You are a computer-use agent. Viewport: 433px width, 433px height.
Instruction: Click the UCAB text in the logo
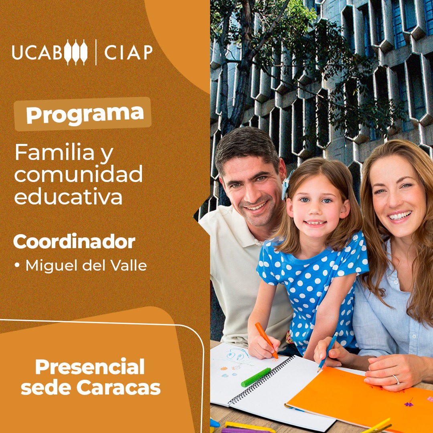pyautogui.click(x=37, y=52)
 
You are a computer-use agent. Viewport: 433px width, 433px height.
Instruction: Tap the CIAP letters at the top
pyautogui.click(x=128, y=52)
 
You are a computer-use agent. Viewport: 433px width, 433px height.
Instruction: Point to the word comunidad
pyautogui.click(x=79, y=174)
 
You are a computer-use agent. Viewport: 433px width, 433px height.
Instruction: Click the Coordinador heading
pyautogui.click(x=74, y=241)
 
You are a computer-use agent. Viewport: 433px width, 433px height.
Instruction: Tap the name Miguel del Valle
pyautogui.click(x=86, y=265)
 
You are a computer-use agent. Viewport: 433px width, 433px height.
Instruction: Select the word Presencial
pyautogui.click(x=90, y=366)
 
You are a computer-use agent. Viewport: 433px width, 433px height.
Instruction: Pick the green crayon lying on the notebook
pyautogui.click(x=256, y=377)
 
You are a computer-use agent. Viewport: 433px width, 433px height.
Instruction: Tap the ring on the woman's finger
pyautogui.click(x=396, y=379)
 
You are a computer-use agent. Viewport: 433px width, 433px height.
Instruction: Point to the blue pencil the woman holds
pyautogui.click(x=328, y=352)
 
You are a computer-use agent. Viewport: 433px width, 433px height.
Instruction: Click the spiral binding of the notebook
pyautogui.click(x=262, y=379)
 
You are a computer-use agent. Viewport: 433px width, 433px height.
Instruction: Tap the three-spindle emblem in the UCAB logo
pyautogui.click(x=76, y=52)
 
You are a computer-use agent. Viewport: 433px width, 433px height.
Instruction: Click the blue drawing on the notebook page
pyautogui.click(x=237, y=354)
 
